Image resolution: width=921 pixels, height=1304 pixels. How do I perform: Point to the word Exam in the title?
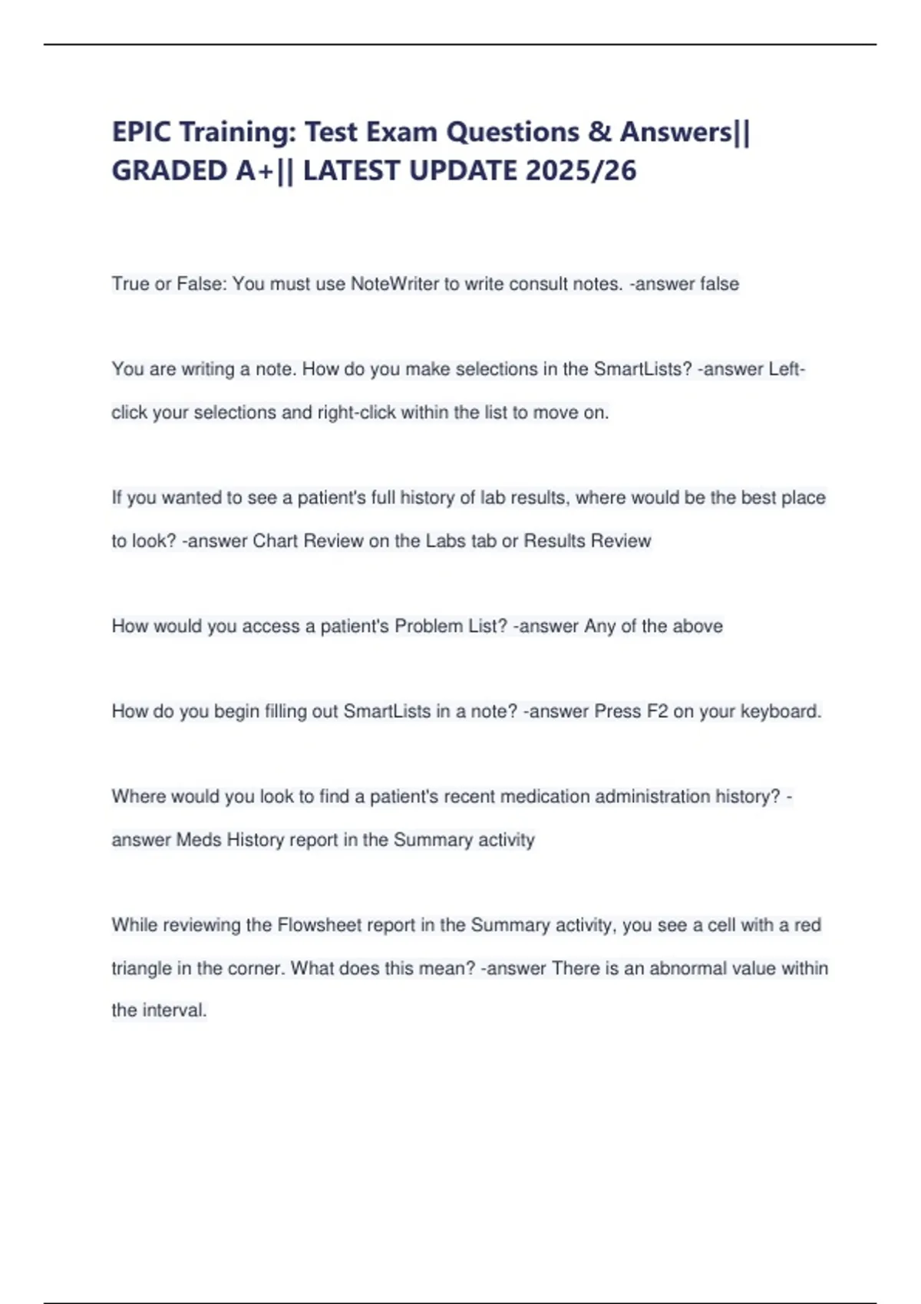(x=401, y=132)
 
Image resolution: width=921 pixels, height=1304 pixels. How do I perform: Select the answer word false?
(x=719, y=284)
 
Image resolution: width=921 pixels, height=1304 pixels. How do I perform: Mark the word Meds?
(x=199, y=840)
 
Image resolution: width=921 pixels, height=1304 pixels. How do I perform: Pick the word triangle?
(x=141, y=968)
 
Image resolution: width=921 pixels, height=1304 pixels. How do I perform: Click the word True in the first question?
(x=130, y=284)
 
